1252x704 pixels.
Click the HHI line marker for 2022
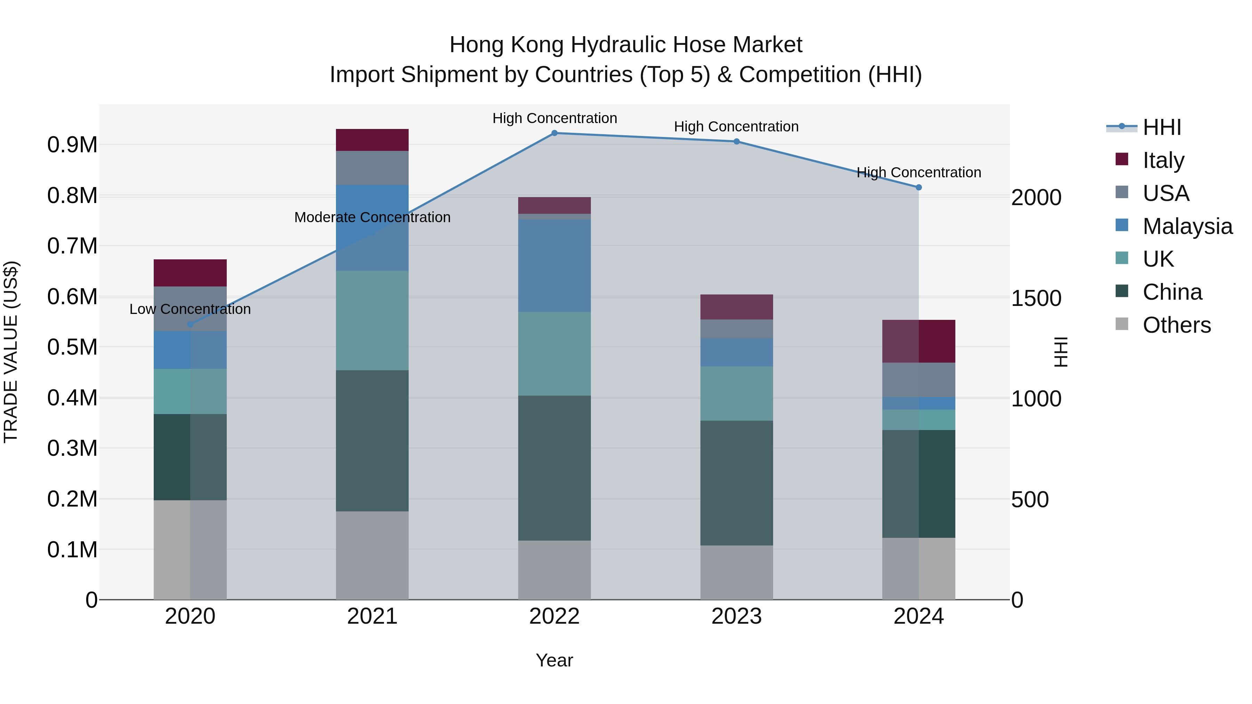pyautogui.click(x=554, y=133)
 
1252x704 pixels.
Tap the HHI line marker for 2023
pyautogui.click(x=736, y=141)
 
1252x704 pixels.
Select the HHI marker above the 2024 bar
pyautogui.click(x=918, y=187)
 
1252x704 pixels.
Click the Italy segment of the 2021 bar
pyautogui.click(x=372, y=140)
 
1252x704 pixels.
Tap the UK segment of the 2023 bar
pyautogui.click(x=736, y=394)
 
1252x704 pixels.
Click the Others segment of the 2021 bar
pyautogui.click(x=372, y=555)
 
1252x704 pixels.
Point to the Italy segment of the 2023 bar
pyautogui.click(x=736, y=307)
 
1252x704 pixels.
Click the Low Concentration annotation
pyautogui.click(x=190, y=309)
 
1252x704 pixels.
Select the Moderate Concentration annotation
pyautogui.click(x=372, y=217)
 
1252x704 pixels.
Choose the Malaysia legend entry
pyautogui.click(x=1187, y=226)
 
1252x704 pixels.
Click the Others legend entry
pyautogui.click(x=1176, y=325)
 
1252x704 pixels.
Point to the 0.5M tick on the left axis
pyautogui.click(x=72, y=347)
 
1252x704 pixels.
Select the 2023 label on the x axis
pyautogui.click(x=736, y=616)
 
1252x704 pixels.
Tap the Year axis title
pyautogui.click(x=554, y=660)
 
